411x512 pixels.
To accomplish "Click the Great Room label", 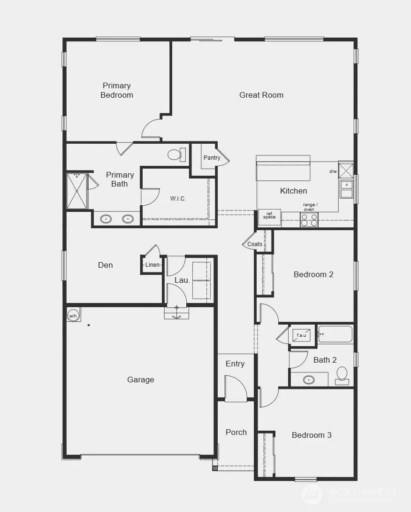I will pyautogui.click(x=261, y=95).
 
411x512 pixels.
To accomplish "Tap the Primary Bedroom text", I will pyautogui.click(x=117, y=90).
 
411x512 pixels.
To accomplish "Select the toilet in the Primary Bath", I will pyautogui.click(x=176, y=155).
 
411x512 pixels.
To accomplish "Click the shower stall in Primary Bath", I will pyautogui.click(x=77, y=191).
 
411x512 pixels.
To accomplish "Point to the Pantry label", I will pyautogui.click(x=212, y=158).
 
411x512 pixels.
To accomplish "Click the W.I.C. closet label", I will pyautogui.click(x=178, y=199).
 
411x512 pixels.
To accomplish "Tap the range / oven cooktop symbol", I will pyautogui.click(x=309, y=220).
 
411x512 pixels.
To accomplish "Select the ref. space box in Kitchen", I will pyautogui.click(x=269, y=216).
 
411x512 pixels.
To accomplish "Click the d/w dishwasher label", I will pyautogui.click(x=333, y=171).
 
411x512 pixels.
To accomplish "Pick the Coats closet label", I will pyautogui.click(x=255, y=244).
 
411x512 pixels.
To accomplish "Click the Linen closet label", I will pyautogui.click(x=152, y=265).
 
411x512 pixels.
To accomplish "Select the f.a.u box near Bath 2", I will pyautogui.click(x=301, y=335).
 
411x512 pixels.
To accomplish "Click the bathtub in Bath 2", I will pyautogui.click(x=335, y=335).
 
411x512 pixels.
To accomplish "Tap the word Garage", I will pyautogui.click(x=140, y=380).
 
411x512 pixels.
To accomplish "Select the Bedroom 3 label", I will pyautogui.click(x=312, y=435).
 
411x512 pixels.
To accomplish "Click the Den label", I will pyautogui.click(x=106, y=265).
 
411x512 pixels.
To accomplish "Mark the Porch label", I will pyautogui.click(x=236, y=432).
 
